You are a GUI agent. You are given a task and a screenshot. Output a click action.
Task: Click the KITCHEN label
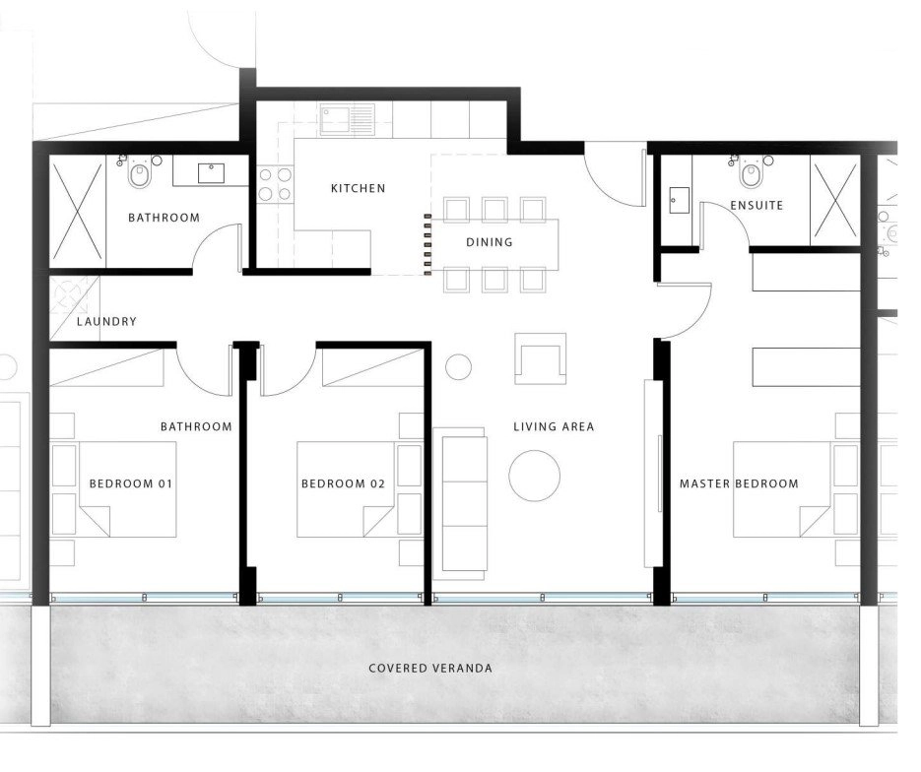358,188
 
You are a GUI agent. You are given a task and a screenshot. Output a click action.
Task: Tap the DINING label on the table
490,242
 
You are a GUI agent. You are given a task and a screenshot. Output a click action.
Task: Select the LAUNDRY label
106,321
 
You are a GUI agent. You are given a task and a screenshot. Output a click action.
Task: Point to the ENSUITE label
757,206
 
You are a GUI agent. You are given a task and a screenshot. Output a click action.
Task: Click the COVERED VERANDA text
430,668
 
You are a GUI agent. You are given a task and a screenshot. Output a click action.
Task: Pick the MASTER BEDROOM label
739,483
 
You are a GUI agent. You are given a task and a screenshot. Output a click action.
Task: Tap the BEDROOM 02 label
343,483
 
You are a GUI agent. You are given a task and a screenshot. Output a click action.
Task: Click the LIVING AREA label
554,426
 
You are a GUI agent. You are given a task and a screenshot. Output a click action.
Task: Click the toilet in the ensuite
752,172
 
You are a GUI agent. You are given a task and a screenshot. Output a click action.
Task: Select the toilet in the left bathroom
141,172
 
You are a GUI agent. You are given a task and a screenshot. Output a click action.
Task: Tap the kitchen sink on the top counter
348,120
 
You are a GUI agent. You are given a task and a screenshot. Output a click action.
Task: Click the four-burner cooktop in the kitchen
275,184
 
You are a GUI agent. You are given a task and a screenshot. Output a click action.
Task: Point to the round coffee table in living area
535,476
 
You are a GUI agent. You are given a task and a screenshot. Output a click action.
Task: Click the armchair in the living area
541,358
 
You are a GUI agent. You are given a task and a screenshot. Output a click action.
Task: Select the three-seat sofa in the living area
461,499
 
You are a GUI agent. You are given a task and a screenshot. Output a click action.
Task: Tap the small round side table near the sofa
458,367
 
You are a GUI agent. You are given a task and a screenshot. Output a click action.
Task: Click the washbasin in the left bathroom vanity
211,173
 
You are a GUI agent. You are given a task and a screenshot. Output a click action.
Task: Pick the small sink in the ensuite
679,200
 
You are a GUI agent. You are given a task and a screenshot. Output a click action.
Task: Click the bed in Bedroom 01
128,489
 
